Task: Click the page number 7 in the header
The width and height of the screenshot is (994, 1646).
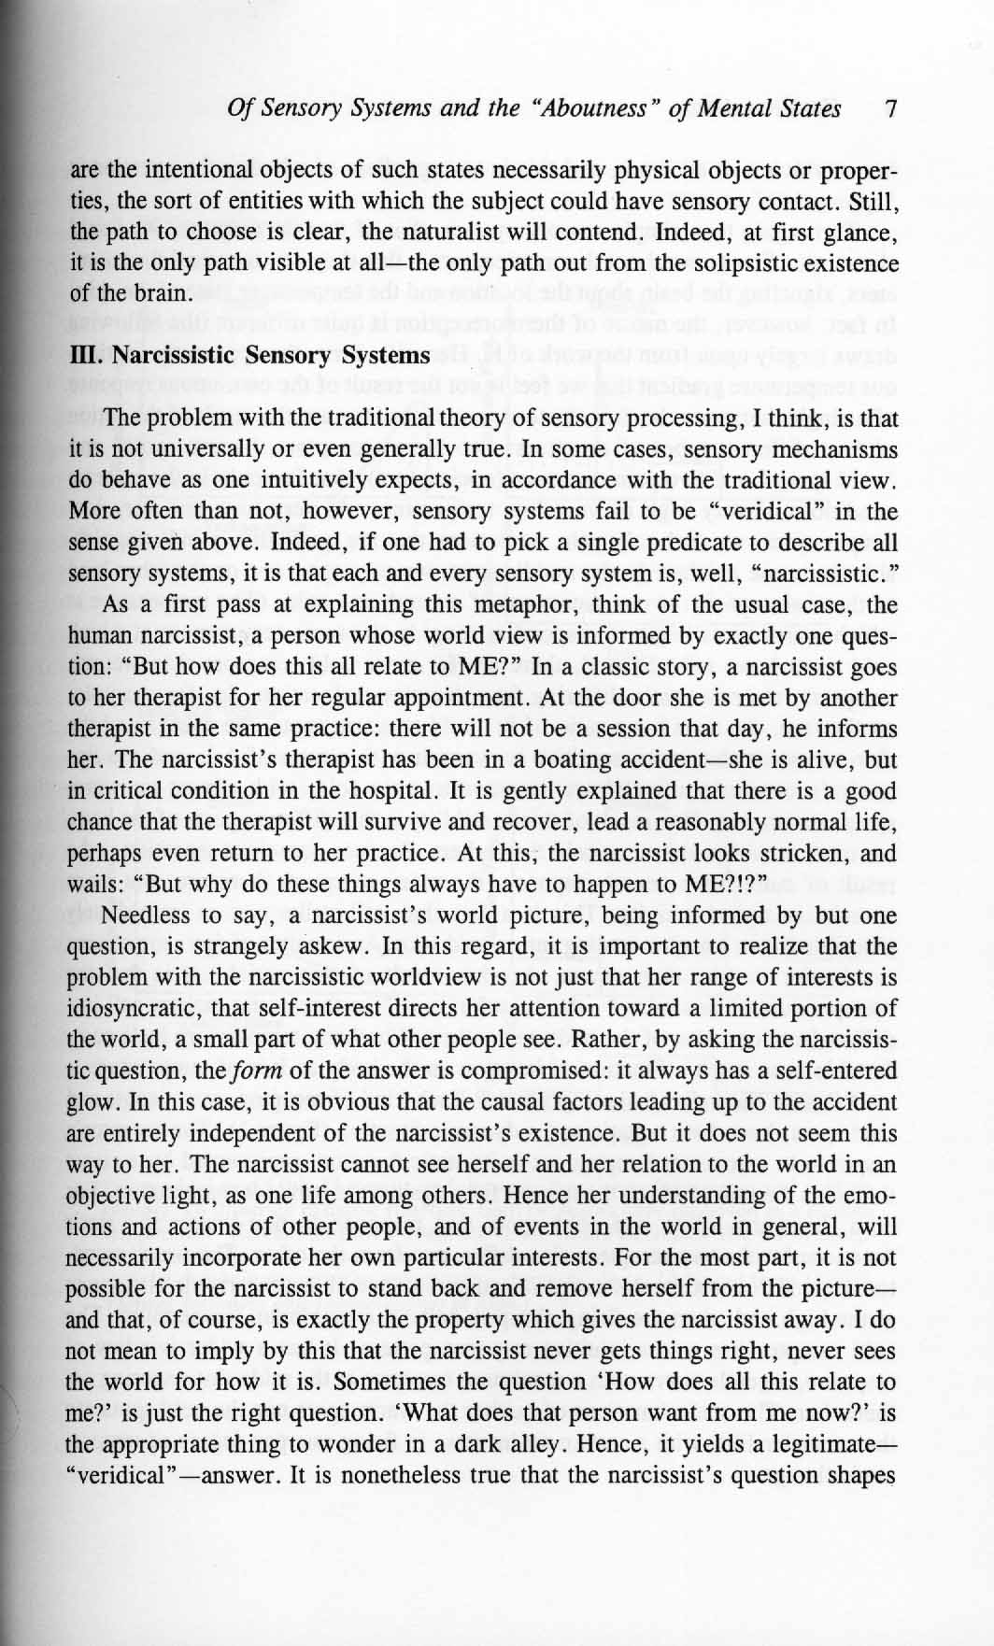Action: [x=890, y=109]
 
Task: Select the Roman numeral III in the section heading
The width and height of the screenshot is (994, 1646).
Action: [x=83, y=356]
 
